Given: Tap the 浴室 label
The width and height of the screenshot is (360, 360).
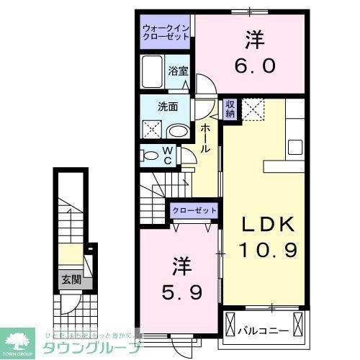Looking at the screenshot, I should (x=178, y=71).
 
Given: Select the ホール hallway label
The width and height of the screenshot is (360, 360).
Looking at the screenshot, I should (x=206, y=137).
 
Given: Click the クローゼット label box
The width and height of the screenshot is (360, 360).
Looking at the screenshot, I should (x=194, y=210).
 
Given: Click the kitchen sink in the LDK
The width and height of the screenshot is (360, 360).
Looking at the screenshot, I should (x=295, y=146).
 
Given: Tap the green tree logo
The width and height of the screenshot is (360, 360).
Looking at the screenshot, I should (x=20, y=339).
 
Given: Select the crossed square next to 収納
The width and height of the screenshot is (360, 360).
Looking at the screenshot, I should (x=252, y=110).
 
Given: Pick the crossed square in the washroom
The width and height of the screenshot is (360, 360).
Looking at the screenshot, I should (x=152, y=130).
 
